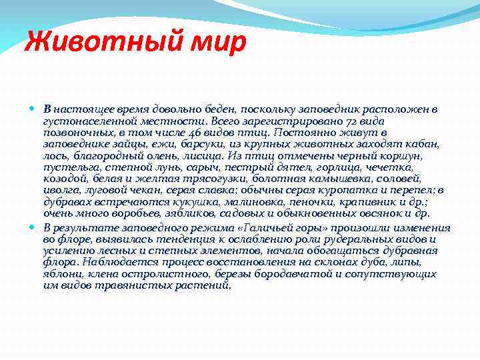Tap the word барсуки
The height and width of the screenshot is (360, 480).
[204, 143]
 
